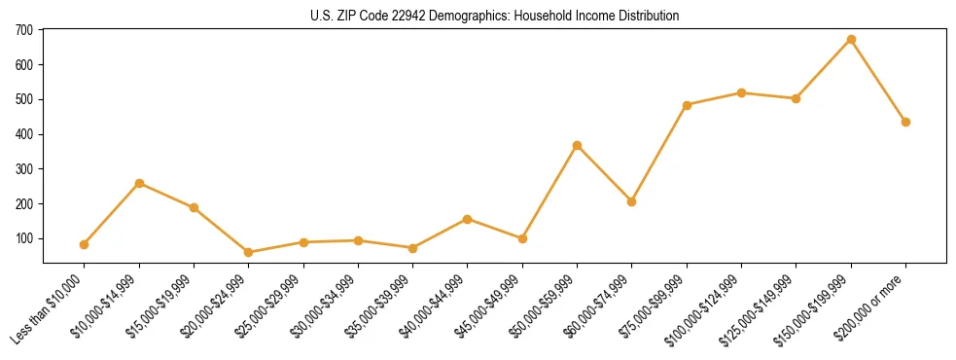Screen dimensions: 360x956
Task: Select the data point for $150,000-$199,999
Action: [x=851, y=40]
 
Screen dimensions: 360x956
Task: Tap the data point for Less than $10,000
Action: [x=85, y=244]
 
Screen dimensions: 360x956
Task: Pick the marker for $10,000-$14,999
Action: [x=139, y=183]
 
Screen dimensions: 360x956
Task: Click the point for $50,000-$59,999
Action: [x=578, y=145]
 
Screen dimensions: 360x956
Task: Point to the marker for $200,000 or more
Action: [x=905, y=122]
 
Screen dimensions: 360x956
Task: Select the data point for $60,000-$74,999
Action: [x=632, y=201]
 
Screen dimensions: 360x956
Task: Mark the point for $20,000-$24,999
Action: [x=249, y=252]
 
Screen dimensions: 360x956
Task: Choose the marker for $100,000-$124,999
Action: [x=741, y=92]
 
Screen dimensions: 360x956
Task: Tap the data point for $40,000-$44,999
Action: [x=468, y=219]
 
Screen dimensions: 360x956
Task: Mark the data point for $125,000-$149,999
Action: [x=797, y=98]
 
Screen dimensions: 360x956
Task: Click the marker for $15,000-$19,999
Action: [x=195, y=207]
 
